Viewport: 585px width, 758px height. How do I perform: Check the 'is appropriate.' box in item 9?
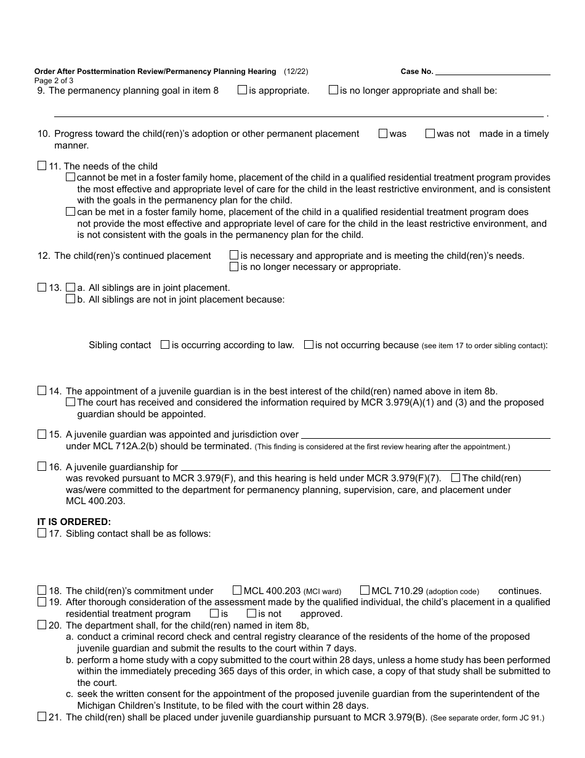243,90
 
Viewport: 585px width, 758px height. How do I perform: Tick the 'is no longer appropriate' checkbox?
333,90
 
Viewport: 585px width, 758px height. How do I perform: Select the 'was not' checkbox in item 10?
430,133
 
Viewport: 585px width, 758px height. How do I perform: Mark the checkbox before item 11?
42,166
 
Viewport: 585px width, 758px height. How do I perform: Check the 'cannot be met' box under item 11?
70,177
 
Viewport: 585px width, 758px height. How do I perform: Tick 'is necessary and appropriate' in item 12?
234,255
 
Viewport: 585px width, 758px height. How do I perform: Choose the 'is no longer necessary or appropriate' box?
234,267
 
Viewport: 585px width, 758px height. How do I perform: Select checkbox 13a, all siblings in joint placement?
70,287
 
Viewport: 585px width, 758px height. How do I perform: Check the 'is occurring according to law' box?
165,345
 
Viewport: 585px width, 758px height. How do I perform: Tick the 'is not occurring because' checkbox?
309,345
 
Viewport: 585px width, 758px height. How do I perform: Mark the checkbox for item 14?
42,391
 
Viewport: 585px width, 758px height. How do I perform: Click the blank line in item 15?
425,435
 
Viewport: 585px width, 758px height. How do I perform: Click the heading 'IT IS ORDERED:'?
75,522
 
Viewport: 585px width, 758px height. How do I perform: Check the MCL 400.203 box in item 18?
237,590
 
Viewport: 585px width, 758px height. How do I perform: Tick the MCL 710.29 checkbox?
365,590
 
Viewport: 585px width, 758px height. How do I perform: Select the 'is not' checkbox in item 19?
251,613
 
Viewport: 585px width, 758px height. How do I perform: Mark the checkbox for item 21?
42,717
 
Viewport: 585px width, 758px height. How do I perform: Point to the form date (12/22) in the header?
296,71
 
